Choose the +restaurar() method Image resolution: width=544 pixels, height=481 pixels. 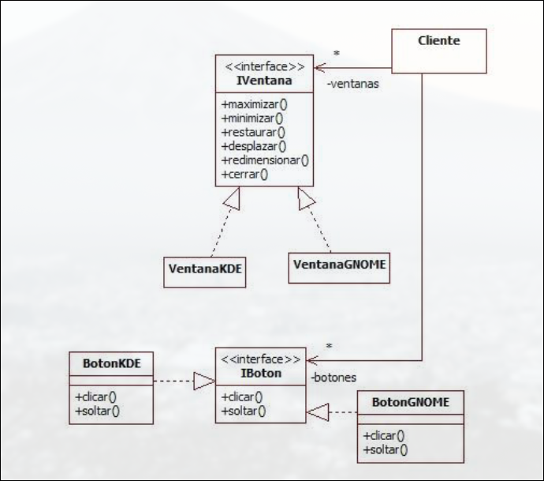[x=254, y=132]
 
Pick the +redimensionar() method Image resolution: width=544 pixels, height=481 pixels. [x=265, y=160]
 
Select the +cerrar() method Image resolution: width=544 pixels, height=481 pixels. [x=246, y=173]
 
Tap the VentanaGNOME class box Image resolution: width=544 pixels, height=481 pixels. [x=339, y=265]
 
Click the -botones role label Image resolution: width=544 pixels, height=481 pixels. [x=333, y=378]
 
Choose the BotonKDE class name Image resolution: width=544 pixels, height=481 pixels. [x=111, y=363]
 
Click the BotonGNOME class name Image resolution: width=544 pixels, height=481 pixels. [x=410, y=402]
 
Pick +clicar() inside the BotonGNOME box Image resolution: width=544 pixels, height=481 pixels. [x=386, y=435]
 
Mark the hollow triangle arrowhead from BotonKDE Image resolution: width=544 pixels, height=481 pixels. [x=205, y=382]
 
